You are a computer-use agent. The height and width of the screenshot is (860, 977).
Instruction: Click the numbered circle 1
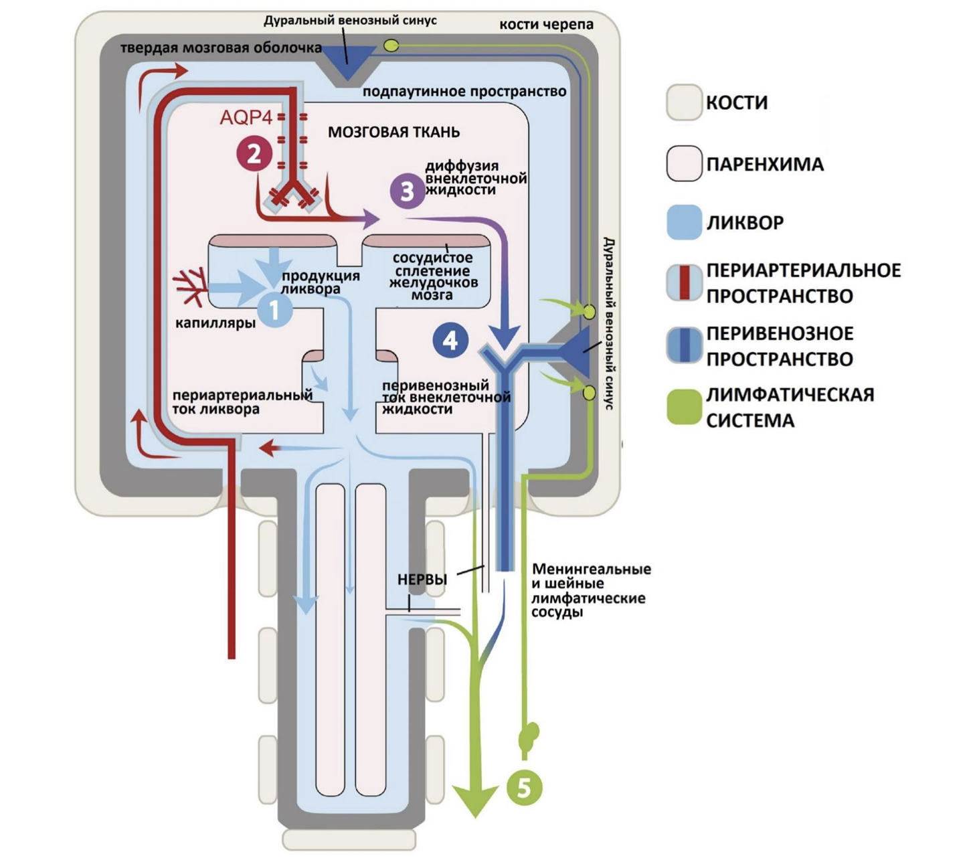pyautogui.click(x=274, y=309)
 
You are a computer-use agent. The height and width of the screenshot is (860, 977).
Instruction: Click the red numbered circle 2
pyautogui.click(x=254, y=155)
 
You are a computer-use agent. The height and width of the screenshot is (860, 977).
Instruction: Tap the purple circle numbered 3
pyautogui.click(x=408, y=191)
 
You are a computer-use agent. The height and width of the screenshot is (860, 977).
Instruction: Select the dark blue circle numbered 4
pyautogui.click(x=450, y=340)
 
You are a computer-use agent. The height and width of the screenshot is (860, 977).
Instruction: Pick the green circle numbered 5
pyautogui.click(x=524, y=788)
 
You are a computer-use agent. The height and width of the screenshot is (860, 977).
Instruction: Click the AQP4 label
pyautogui.click(x=246, y=118)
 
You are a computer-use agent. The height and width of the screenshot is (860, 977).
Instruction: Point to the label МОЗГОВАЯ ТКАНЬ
pyautogui.click(x=393, y=132)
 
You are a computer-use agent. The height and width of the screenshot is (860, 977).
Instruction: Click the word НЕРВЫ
pyautogui.click(x=422, y=580)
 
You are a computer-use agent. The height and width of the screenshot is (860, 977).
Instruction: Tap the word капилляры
pyautogui.click(x=215, y=323)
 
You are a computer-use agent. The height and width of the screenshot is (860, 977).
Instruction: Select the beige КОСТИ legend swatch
pyautogui.click(x=684, y=102)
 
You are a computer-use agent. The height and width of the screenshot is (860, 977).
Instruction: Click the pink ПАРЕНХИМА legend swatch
pyautogui.click(x=684, y=163)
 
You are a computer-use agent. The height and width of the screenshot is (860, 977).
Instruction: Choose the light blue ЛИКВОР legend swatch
pyautogui.click(x=684, y=222)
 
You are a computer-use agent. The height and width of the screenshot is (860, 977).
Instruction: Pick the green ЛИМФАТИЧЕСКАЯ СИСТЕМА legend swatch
pyautogui.click(x=684, y=406)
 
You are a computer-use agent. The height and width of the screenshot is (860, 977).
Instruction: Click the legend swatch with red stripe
pyautogui.click(x=684, y=282)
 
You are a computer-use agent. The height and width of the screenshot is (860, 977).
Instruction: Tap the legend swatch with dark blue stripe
pyautogui.click(x=684, y=345)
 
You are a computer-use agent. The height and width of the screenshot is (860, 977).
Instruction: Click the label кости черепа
pyautogui.click(x=546, y=25)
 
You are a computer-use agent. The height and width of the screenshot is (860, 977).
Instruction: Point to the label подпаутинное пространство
pyautogui.click(x=464, y=91)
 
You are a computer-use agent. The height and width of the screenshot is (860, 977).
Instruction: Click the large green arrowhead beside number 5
pyautogui.click(x=475, y=800)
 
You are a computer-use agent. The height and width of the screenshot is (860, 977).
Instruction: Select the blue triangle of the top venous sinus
pyautogui.click(x=348, y=59)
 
